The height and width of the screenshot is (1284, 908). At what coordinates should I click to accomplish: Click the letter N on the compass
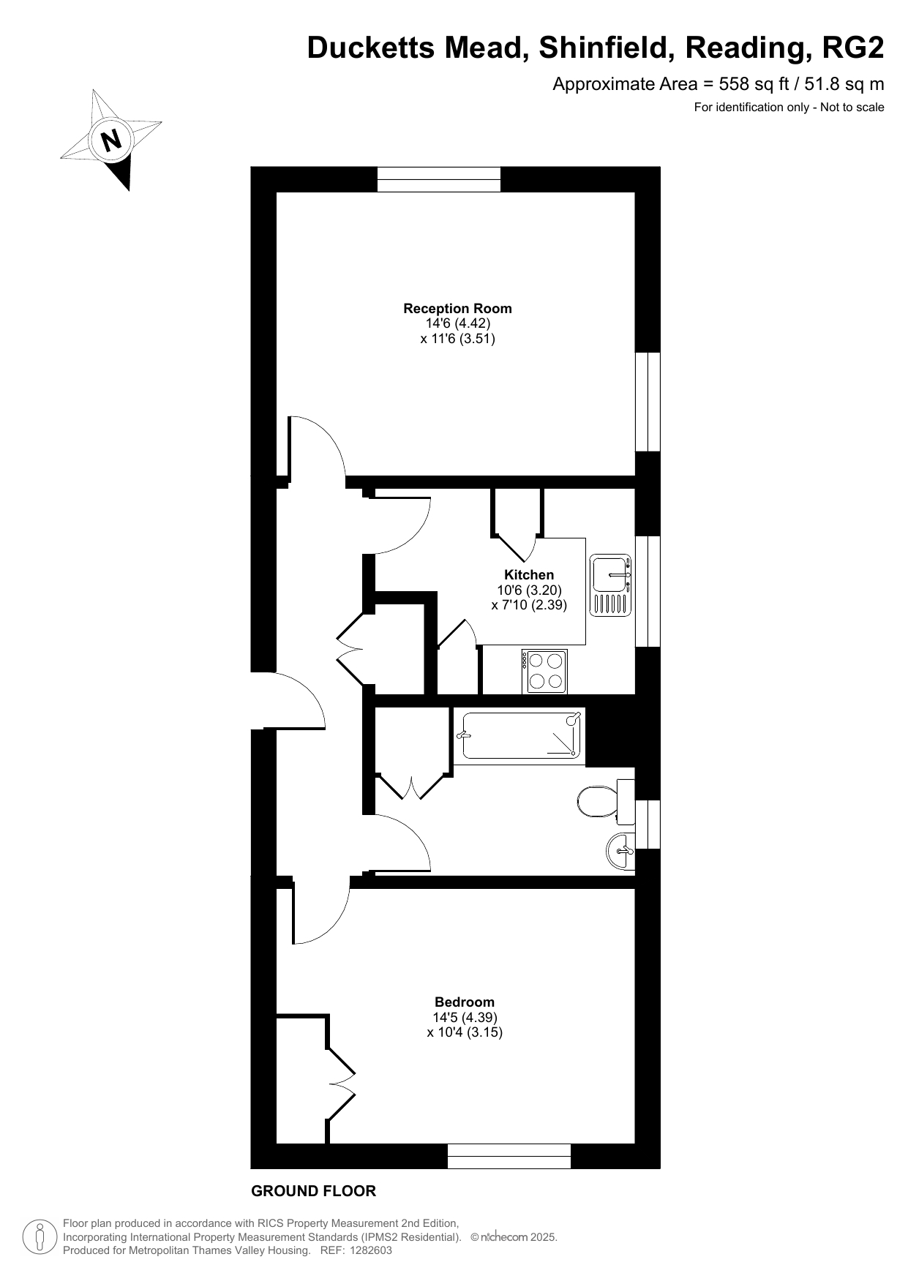tap(111, 139)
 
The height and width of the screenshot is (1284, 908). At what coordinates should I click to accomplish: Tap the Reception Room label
tap(457, 309)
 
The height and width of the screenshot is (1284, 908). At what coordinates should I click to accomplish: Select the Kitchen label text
tap(529, 575)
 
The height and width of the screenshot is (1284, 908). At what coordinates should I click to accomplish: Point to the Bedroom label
tap(465, 1002)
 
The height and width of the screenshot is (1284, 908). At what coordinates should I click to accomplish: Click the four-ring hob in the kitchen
tap(545, 671)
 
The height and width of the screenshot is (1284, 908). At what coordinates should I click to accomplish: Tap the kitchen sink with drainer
tap(610, 584)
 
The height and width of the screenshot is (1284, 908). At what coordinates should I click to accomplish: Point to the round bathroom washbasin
tap(620, 851)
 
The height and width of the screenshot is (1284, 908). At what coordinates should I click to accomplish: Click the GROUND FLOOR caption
tap(313, 1191)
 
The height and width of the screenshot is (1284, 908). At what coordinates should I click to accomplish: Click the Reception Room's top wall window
tap(439, 179)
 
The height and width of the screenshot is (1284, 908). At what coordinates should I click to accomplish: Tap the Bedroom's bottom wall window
tap(509, 1157)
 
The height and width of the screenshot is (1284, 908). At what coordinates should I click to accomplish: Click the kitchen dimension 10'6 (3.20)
tap(529, 590)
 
